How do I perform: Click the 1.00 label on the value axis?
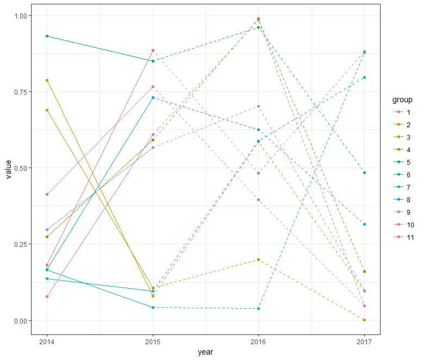pyautogui.click(x=20, y=16)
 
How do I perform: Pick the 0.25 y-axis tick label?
pyautogui.click(x=20, y=245)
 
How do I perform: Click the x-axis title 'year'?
pyautogui.click(x=205, y=352)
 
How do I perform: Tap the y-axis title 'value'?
pyautogui.click(x=8, y=169)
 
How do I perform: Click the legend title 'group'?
pyautogui.click(x=403, y=100)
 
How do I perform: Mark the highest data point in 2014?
pyautogui.click(x=47, y=36)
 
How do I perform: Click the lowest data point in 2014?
pyautogui.click(x=47, y=296)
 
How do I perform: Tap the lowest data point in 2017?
pyautogui.click(x=364, y=320)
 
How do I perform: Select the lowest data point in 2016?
pyautogui.click(x=258, y=308)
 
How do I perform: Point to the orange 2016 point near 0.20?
pyautogui.click(x=258, y=259)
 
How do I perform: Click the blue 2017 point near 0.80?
pyautogui.click(x=364, y=77)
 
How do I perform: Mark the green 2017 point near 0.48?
pyautogui.click(x=364, y=172)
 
